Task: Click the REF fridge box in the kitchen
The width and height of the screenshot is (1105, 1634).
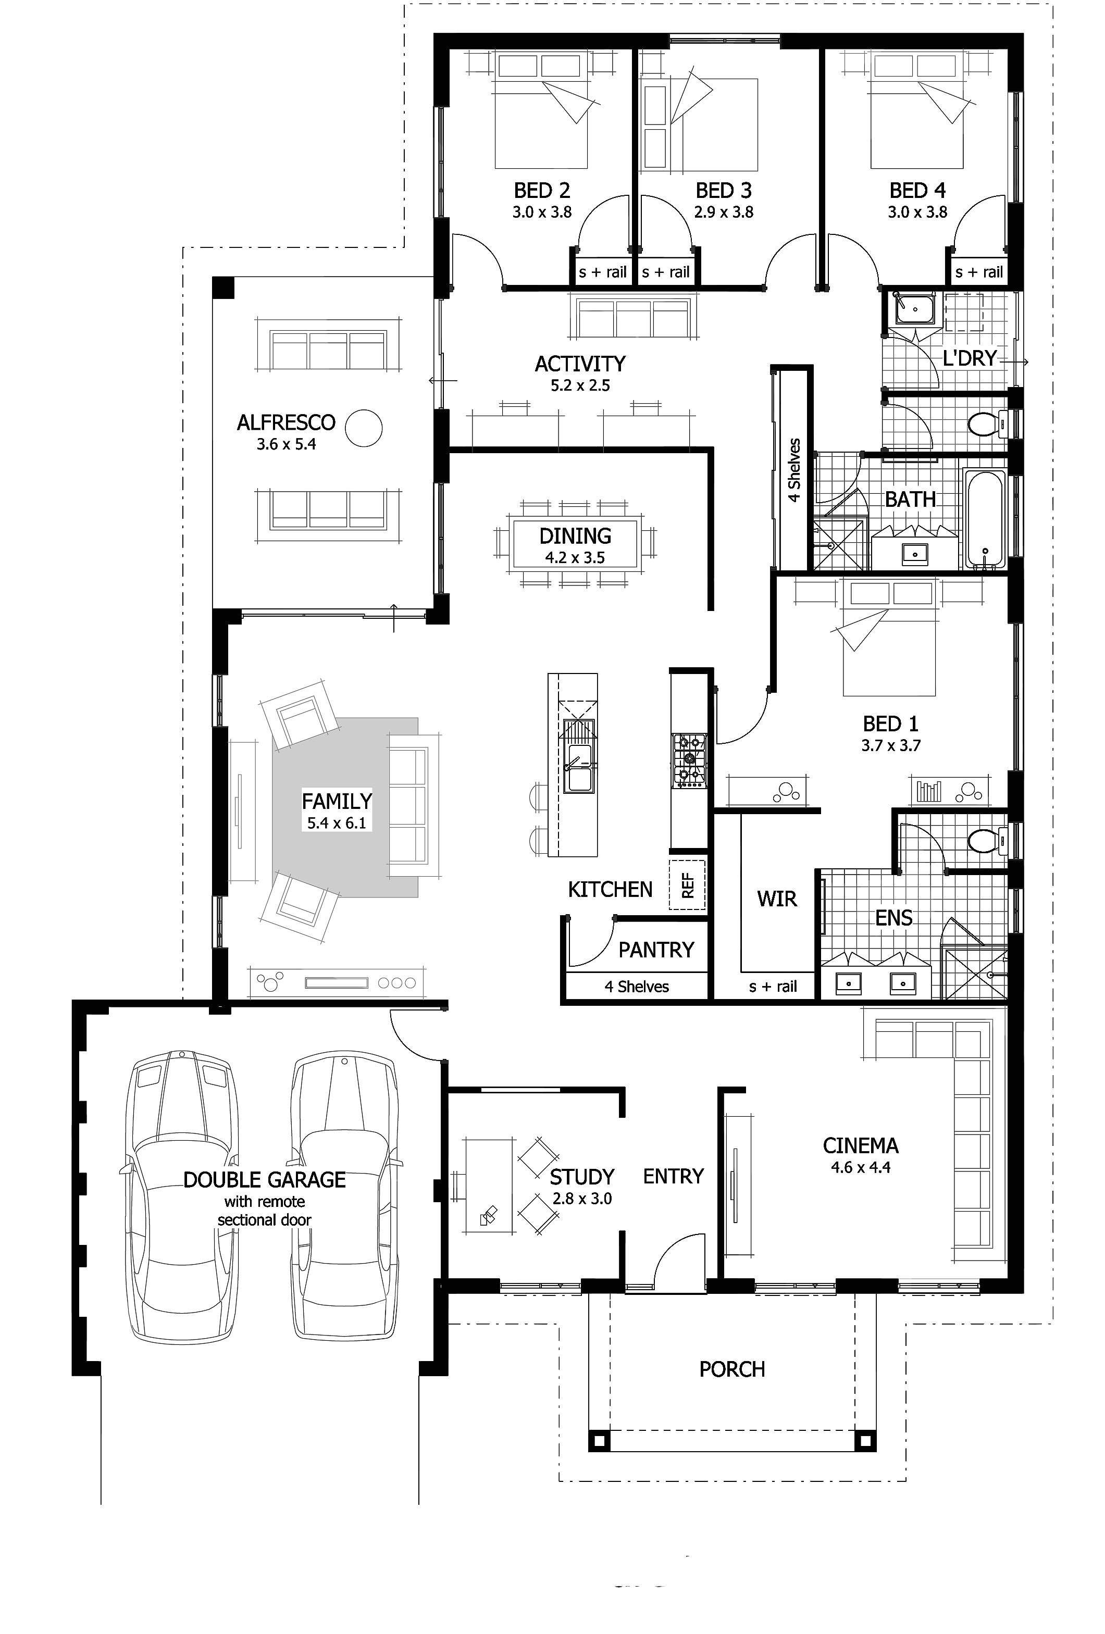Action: click(687, 884)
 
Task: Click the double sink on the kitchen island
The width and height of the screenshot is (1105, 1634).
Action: click(578, 766)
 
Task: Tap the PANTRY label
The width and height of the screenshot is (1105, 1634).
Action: click(655, 950)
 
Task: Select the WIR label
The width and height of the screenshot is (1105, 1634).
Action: click(777, 899)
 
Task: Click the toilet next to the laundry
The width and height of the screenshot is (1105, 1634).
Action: click(983, 424)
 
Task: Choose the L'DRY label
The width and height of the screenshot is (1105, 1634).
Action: click(969, 358)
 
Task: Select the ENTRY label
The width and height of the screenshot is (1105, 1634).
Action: click(673, 1176)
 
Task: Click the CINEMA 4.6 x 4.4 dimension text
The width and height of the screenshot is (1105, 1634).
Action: click(860, 1167)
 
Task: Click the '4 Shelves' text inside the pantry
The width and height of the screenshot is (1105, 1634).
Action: click(637, 987)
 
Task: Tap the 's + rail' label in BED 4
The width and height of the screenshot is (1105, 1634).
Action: click(979, 272)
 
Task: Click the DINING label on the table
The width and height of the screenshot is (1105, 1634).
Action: click(575, 536)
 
